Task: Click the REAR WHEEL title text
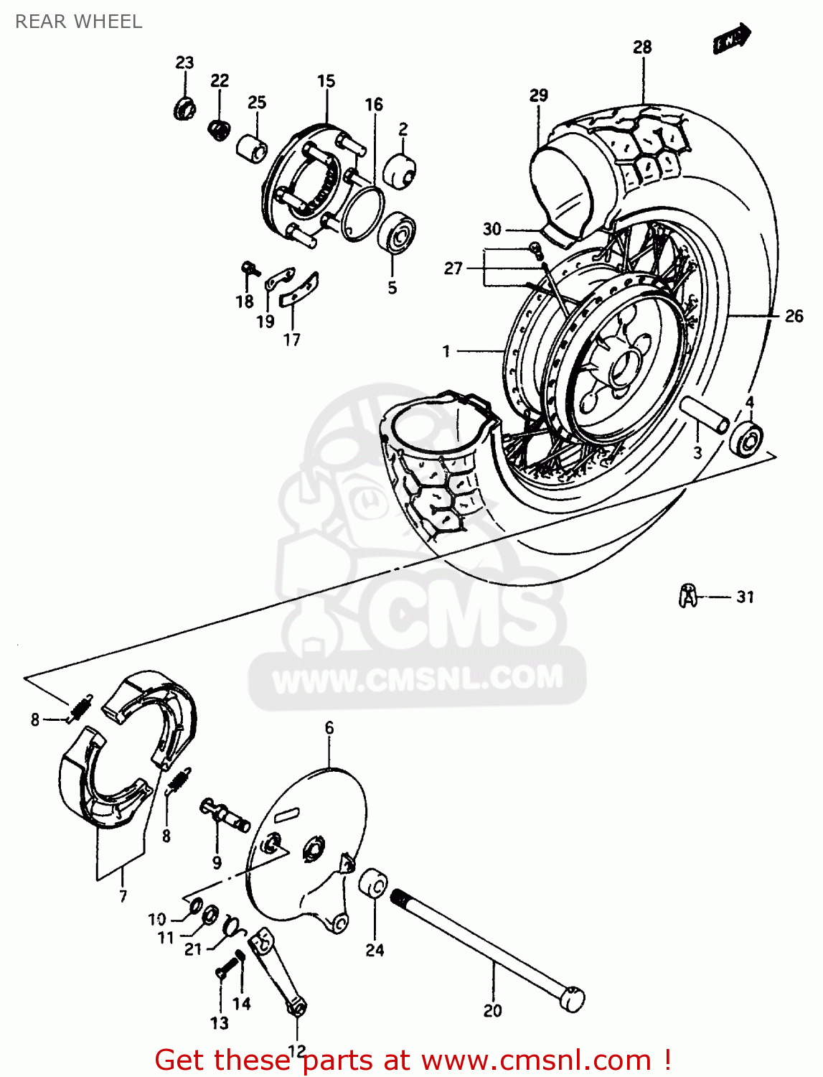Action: point(78,22)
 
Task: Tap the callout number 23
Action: point(184,62)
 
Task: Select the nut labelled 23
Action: point(184,109)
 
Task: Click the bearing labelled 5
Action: point(397,232)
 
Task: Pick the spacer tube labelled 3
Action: point(704,415)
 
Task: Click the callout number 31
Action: point(746,597)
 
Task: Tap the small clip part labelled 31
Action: point(687,595)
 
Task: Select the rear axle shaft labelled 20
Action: point(488,948)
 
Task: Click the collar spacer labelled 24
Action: point(373,883)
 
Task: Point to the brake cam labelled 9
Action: point(224,815)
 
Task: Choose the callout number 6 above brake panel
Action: point(329,727)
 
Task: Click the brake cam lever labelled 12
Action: point(278,969)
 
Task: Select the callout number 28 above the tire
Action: point(642,47)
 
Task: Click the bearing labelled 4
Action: point(746,439)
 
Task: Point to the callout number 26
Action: point(794,316)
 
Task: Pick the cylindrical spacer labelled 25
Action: point(251,148)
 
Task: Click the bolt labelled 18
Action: point(248,269)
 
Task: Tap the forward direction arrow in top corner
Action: point(732,39)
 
